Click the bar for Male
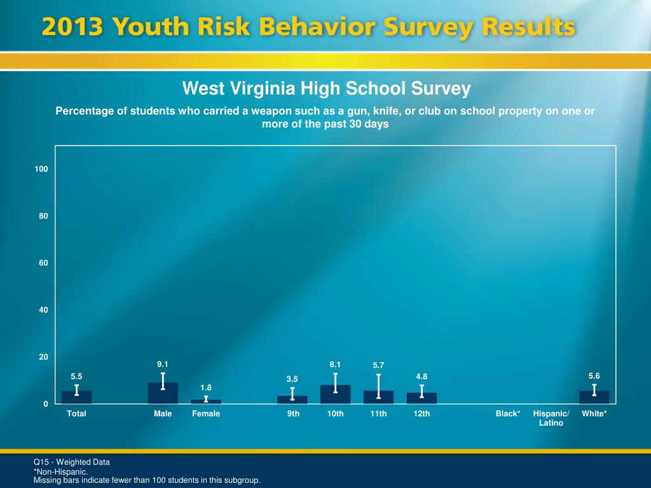[163, 393]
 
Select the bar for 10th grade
[335, 395]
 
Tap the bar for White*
[594, 397]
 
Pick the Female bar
[206, 402]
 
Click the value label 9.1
[163, 364]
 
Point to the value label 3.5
[292, 379]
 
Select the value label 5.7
[378, 365]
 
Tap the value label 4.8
[421, 377]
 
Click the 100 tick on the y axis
[41, 169]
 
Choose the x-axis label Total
[77, 414]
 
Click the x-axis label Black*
[508, 414]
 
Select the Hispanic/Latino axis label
[551, 418]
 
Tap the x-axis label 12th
[421, 414]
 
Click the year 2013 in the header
[72, 28]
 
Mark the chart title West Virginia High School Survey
[326, 88]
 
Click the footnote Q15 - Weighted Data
[72, 462]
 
